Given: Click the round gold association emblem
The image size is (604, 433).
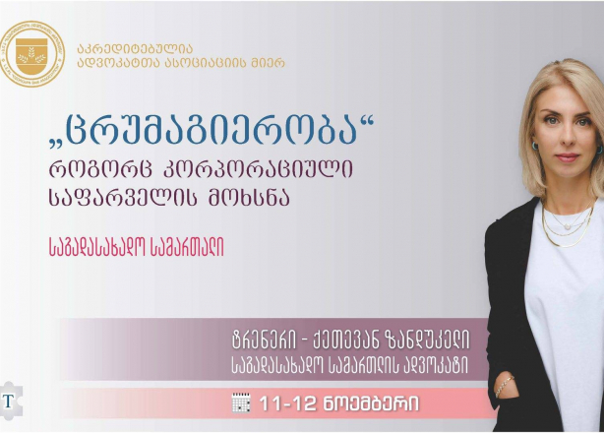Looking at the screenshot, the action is pyautogui.click(x=32, y=54).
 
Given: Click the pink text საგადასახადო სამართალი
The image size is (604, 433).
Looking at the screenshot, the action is pyautogui.click(x=137, y=246).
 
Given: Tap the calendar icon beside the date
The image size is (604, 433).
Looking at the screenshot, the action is pyautogui.click(x=241, y=402).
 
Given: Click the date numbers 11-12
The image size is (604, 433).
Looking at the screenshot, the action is pyautogui.click(x=287, y=403).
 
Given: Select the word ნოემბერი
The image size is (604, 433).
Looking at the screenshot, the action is pyautogui.click(x=370, y=404).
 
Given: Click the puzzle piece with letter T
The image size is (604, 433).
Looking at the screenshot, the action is pyautogui.click(x=11, y=401).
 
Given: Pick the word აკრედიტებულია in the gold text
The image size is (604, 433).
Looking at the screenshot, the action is pyautogui.click(x=135, y=48).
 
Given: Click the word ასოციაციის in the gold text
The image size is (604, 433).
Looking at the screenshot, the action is pyautogui.click(x=206, y=62).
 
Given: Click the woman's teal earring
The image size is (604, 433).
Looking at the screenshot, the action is pyautogui.click(x=535, y=146).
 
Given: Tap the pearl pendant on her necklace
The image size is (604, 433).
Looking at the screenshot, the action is pyautogui.click(x=567, y=227).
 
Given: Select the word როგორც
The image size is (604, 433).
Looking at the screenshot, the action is pyautogui.click(x=102, y=170).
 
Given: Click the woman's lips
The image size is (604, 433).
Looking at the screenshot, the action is pyautogui.click(x=567, y=157).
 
